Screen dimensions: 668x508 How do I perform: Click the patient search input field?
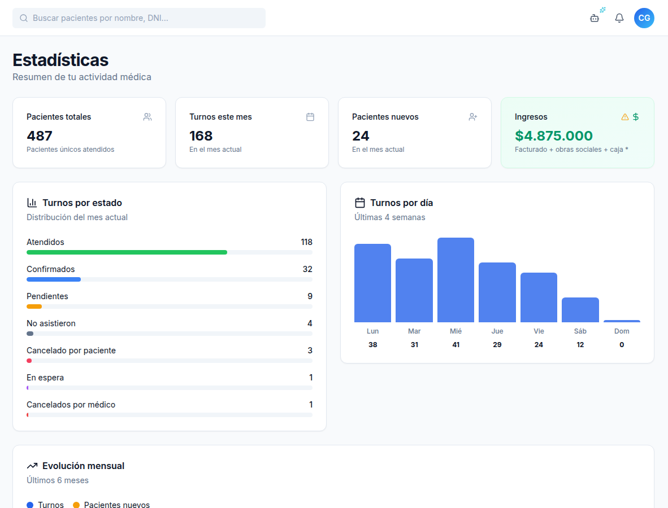coord(139,18)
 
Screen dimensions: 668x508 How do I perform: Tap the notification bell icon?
coord(619,18)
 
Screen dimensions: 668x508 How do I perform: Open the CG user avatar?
coord(644,18)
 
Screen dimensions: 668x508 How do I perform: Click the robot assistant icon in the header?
coord(595,18)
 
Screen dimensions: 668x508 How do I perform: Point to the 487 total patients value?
coord(40,135)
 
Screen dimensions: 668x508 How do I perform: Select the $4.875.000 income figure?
coord(553,135)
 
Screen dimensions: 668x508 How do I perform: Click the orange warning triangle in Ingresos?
coord(624,117)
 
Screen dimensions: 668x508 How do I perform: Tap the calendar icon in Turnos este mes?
coord(310,117)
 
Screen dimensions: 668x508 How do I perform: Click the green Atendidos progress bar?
coord(127,252)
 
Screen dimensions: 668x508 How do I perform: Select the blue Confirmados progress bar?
coord(54,279)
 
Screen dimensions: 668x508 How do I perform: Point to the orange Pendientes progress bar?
coord(34,306)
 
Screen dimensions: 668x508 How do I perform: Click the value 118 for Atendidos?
coord(307,242)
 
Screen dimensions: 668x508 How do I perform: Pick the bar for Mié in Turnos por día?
coord(456,280)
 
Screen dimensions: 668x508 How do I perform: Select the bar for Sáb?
coord(580,310)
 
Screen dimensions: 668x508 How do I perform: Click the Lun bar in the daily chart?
coord(372,283)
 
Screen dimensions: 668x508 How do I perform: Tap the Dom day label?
coord(622,331)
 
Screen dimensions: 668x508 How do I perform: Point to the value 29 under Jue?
coord(497,345)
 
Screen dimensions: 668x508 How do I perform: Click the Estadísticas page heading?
coord(60,60)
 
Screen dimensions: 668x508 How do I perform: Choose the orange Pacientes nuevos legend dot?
coord(76,505)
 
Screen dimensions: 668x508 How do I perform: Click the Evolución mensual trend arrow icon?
coord(32,466)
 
